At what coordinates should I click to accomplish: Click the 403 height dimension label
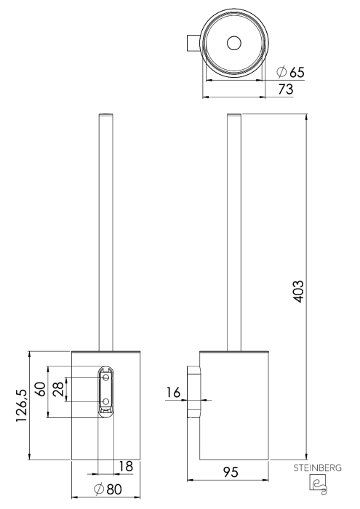click(x=299, y=291)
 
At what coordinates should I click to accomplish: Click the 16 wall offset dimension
click(x=173, y=393)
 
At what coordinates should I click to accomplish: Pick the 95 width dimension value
click(x=231, y=472)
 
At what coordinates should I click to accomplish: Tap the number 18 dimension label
click(x=126, y=467)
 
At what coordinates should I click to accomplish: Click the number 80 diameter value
click(x=114, y=489)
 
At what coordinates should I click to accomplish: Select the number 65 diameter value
click(x=297, y=72)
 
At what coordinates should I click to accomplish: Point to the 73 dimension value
click(x=286, y=89)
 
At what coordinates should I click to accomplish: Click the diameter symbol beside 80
click(x=99, y=489)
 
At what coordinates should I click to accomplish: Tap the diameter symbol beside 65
click(x=281, y=72)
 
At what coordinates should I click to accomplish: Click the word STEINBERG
click(x=318, y=468)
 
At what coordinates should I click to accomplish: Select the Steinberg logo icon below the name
click(x=317, y=484)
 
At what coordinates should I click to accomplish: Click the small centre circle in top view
click(x=233, y=43)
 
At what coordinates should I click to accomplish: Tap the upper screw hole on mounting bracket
click(x=105, y=377)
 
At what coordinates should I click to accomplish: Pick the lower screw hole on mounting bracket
click(x=105, y=402)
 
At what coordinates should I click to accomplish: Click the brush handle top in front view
click(x=106, y=115)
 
